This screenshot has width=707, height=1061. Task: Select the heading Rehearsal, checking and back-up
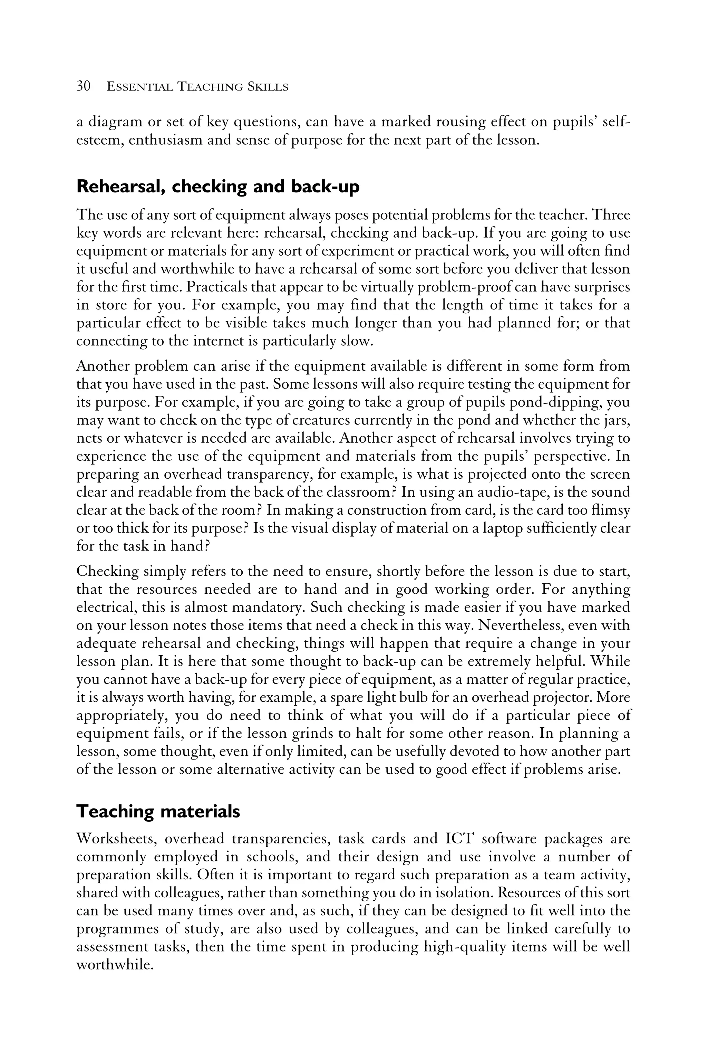[218, 186]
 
